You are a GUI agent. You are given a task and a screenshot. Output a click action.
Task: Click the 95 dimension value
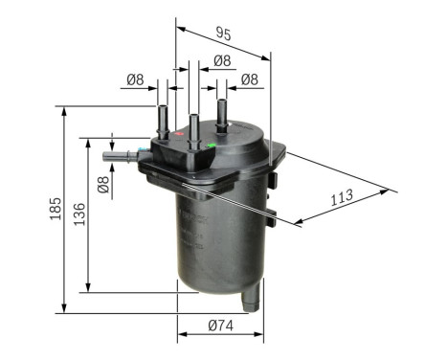pos(223,34)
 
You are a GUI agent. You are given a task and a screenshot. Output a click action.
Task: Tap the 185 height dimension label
pos(56,207)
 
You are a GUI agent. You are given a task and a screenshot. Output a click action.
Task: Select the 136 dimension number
pos(80,212)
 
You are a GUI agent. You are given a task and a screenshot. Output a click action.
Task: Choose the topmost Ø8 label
pos(221,60)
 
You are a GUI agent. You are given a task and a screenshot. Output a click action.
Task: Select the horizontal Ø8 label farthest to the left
pos(137,80)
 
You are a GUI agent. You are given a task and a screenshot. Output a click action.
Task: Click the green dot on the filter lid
pos(211,146)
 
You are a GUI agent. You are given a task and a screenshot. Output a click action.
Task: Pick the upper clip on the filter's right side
pos(275,179)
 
